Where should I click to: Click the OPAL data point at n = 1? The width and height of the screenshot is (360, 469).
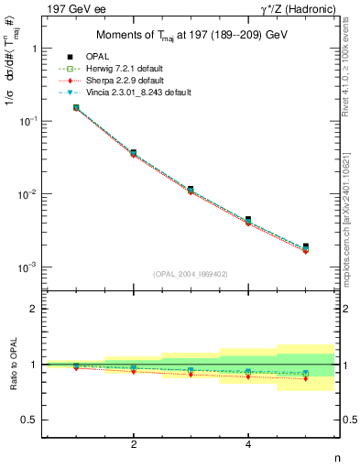click(76, 107)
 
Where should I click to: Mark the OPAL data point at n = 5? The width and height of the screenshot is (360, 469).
click(305, 246)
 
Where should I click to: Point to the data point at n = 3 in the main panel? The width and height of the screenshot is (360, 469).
click(191, 190)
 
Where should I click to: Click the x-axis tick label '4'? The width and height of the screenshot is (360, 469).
click(248, 444)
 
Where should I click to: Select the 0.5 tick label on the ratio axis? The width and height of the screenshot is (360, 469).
click(29, 420)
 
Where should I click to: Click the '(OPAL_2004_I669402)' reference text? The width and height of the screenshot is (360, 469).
click(191, 274)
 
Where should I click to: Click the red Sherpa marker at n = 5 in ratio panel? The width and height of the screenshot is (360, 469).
click(305, 378)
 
